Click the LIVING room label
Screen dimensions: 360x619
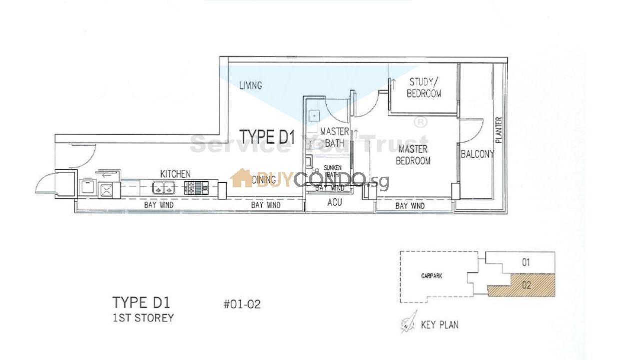(250, 86)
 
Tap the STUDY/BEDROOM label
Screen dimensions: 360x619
(424, 88)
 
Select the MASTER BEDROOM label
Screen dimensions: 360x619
(413, 155)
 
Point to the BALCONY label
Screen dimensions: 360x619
(477, 154)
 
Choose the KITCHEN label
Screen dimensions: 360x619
(175, 174)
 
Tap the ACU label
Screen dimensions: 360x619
(334, 202)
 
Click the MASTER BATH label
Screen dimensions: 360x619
(334, 137)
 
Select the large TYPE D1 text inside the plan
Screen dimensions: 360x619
(266, 137)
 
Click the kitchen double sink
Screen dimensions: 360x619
(164, 188)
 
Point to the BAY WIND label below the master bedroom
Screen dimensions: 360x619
(410, 206)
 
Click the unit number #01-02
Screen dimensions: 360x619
(242, 304)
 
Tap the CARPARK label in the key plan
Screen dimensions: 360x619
(431, 276)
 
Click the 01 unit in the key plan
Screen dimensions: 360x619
(525, 262)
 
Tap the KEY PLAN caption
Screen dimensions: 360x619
(439, 325)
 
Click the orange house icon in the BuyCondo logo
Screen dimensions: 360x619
(241, 178)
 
